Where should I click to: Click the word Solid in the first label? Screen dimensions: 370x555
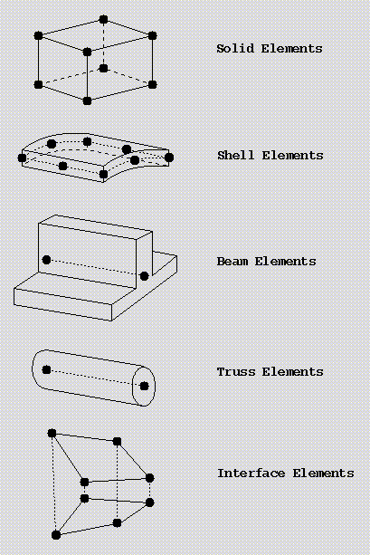235,48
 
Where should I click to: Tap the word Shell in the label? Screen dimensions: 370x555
235,155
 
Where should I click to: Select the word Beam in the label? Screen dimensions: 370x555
232,262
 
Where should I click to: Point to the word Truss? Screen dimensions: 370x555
236,371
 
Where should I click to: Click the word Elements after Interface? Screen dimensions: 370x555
323,473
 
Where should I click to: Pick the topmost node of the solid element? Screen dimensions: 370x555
103,19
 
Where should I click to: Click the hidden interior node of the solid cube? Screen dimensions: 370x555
103,68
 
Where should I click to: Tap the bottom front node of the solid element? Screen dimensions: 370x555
87,100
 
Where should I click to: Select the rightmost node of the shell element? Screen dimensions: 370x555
169,158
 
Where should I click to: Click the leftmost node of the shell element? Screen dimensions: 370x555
22,158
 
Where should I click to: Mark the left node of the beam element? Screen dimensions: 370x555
46,260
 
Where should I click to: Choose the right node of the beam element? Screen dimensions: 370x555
144,276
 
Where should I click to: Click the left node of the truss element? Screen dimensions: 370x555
46,369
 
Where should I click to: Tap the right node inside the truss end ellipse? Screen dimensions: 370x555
144,386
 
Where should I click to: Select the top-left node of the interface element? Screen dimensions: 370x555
52,433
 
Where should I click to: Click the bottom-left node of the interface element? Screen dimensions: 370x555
56,534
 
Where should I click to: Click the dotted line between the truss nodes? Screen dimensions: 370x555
95,378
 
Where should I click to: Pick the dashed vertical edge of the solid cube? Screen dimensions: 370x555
103,43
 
